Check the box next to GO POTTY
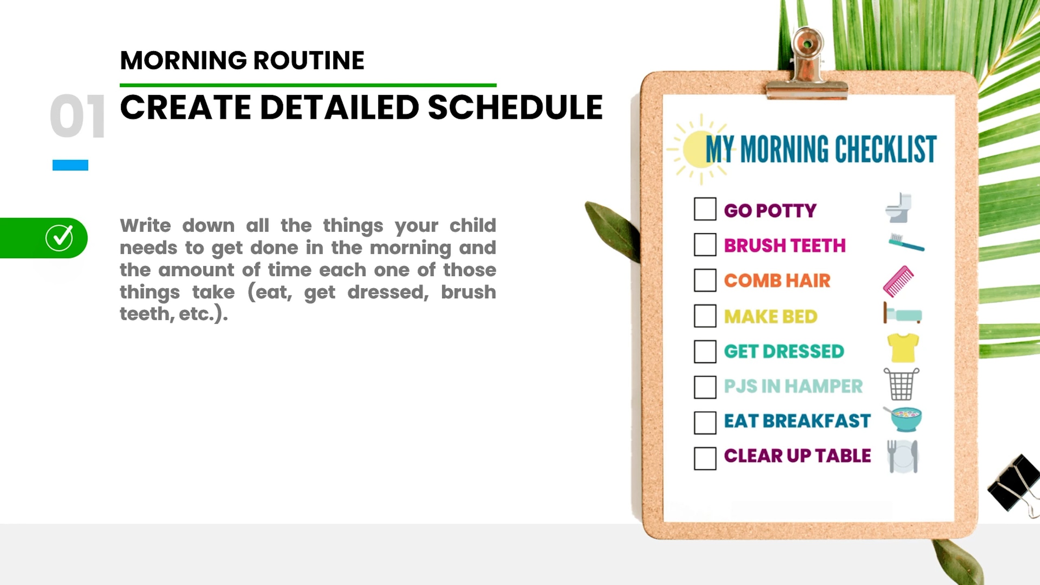[705, 209]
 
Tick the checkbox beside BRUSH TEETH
[705, 245]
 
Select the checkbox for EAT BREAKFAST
[705, 423]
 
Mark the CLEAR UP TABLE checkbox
[705, 459]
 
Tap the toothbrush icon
[906, 243]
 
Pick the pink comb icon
[899, 281]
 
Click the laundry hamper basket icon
[901, 384]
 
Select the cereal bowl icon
[904, 419]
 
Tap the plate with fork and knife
[902, 457]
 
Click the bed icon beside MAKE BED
[902, 313]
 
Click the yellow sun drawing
[698, 149]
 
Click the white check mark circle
[59, 238]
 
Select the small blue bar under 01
[70, 165]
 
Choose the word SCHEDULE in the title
[515, 107]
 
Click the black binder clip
[1014, 483]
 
